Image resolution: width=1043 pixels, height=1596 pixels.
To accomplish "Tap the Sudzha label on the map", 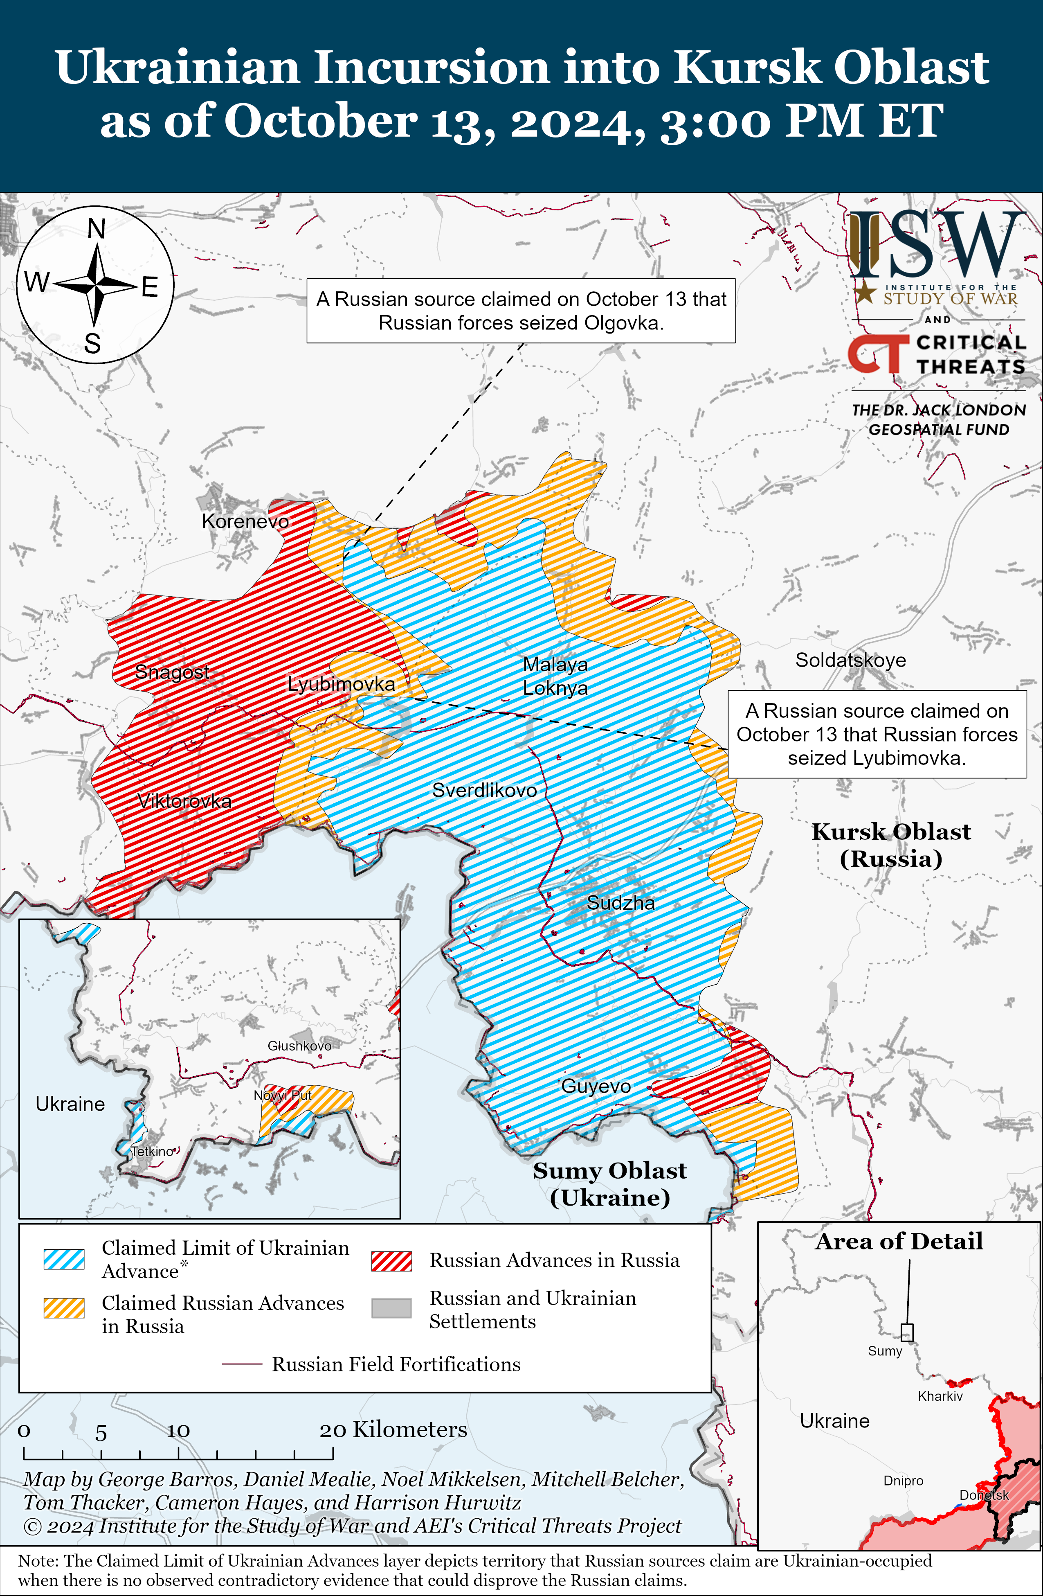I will [x=621, y=903].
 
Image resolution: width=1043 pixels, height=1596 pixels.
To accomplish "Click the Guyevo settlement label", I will [x=596, y=1087].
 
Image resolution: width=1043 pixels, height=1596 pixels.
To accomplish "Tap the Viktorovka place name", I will [x=184, y=801].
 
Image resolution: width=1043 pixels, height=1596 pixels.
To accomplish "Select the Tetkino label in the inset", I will [x=152, y=1152].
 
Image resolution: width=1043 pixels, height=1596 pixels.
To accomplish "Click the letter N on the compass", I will [x=97, y=229].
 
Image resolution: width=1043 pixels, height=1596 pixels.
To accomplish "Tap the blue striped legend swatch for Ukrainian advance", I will [x=64, y=1259].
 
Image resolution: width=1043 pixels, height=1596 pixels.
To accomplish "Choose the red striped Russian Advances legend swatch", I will [x=391, y=1261].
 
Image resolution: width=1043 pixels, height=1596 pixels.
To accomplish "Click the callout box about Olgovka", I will [x=521, y=311].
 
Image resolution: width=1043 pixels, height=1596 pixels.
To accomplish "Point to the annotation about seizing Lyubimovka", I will [x=877, y=734].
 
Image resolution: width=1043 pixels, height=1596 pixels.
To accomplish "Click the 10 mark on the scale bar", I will [x=178, y=1431].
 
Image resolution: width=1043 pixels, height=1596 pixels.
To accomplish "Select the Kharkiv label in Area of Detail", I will [x=940, y=1396].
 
